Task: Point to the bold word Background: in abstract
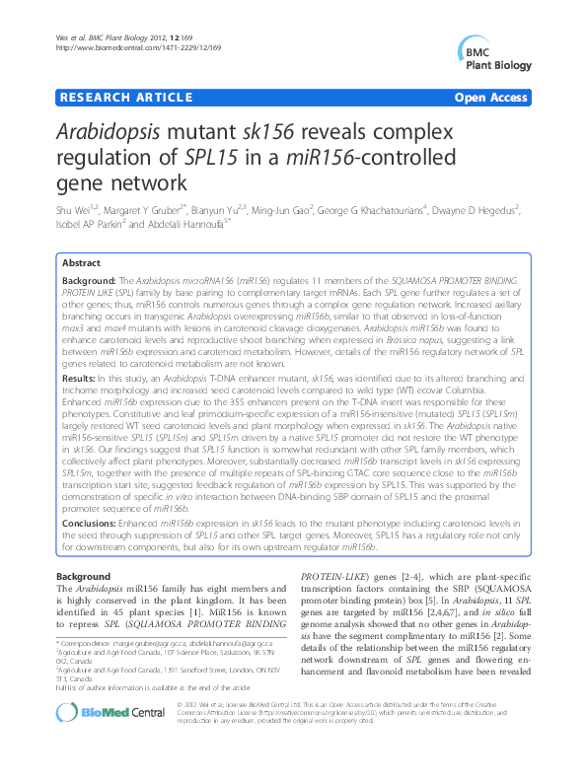[x=90, y=281]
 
